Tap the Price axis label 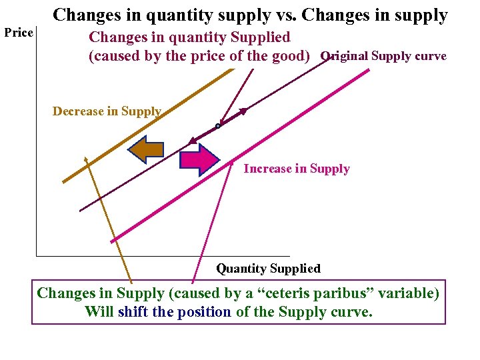pyautogui.click(x=19, y=33)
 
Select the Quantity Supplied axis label pyautogui.click(x=268, y=269)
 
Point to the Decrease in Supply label pyautogui.click(x=107, y=111)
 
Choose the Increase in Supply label pyautogui.click(x=297, y=169)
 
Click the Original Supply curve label pyautogui.click(x=384, y=56)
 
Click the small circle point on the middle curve pyautogui.click(x=218, y=126)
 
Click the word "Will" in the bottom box pyautogui.click(x=99, y=312)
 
